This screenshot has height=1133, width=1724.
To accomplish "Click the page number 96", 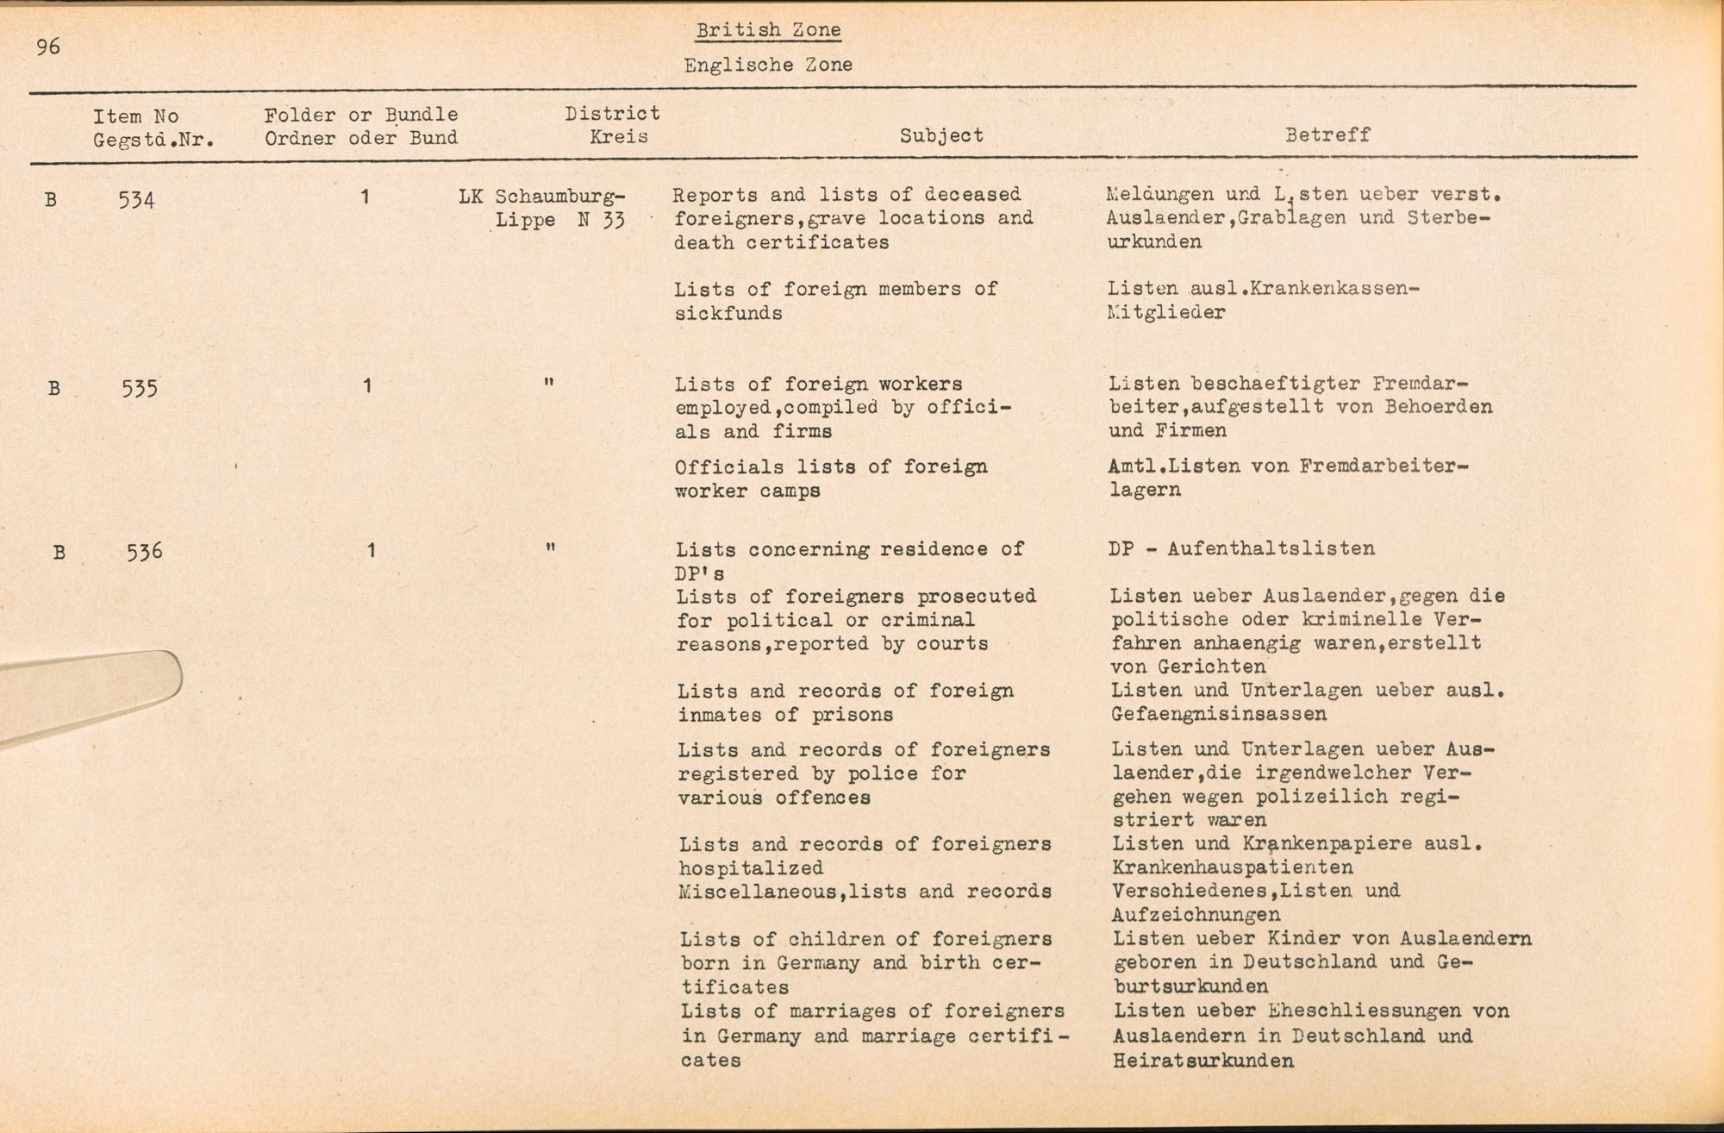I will (48, 47).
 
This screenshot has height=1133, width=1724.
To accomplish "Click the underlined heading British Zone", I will (768, 30).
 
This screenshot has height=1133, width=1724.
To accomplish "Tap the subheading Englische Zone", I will (768, 65).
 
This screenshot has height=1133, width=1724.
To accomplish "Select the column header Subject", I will (941, 135).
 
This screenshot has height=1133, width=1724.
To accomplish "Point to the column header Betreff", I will (1327, 135).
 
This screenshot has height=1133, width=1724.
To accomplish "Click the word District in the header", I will (612, 113).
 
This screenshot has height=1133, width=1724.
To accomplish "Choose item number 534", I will (137, 200).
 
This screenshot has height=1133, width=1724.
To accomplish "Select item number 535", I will (140, 388).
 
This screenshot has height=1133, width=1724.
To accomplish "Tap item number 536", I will (144, 552).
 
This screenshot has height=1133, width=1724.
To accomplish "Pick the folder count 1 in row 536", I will (371, 550).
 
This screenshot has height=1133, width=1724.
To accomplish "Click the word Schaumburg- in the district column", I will (560, 196).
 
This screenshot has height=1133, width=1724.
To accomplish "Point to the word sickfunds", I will (728, 313).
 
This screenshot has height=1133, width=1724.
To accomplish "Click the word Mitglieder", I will (1166, 312).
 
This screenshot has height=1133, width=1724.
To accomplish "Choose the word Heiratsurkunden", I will (1203, 1061).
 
